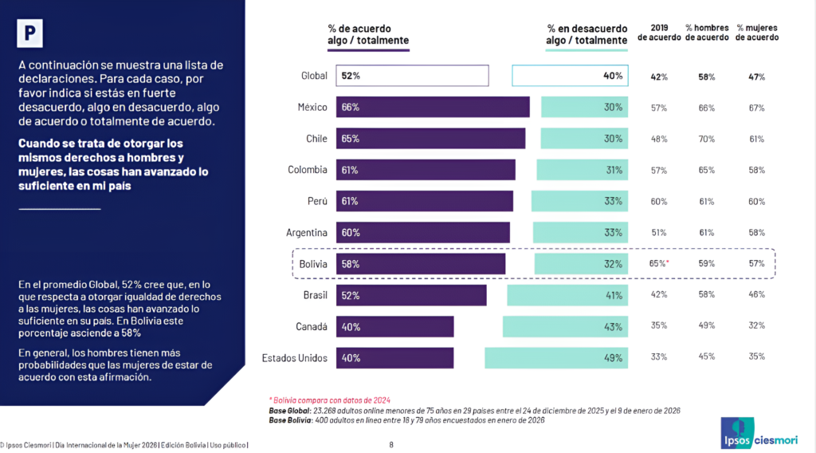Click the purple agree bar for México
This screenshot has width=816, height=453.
[433, 108]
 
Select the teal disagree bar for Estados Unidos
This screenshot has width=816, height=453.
[555, 358]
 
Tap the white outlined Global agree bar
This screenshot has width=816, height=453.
[412, 76]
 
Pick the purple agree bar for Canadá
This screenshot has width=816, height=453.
[394, 327]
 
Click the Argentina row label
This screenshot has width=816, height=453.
[307, 233]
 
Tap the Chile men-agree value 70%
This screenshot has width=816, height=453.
[706, 139]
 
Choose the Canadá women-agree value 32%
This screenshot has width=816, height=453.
[756, 326]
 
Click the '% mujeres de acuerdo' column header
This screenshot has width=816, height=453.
[756, 33]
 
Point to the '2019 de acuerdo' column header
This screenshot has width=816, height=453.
[658, 33]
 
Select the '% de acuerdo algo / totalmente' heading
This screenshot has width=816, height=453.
[368, 33]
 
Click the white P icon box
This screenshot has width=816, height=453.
[30, 33]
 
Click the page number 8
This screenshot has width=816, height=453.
[391, 445]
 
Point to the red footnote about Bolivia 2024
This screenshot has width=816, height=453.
[330, 400]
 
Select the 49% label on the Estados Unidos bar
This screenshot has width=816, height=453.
[612, 358]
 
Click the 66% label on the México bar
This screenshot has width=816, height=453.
[351, 108]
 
